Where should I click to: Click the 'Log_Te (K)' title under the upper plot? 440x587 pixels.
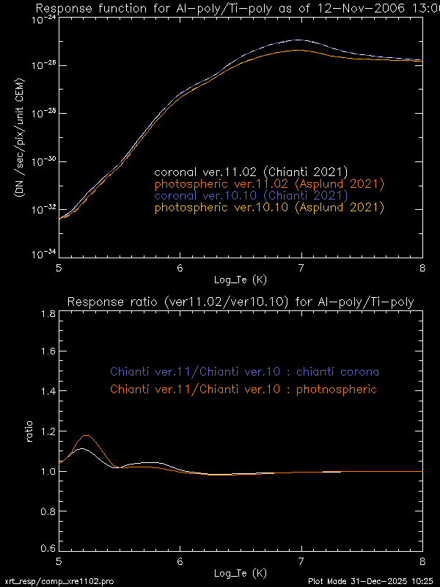tap(240, 280)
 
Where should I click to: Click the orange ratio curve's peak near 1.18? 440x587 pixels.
tap(87, 436)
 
